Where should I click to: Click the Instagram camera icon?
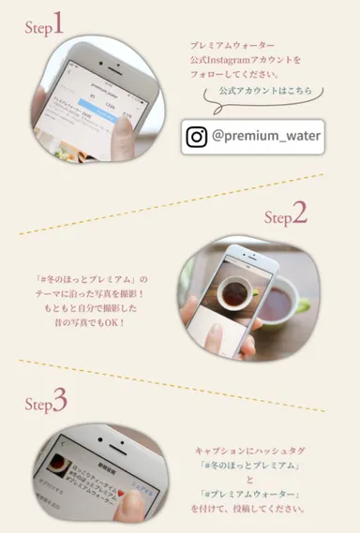click(197, 137)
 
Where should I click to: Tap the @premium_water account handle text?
click(266, 137)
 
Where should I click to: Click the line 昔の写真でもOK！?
click(92, 323)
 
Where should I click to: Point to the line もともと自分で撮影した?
click(92, 309)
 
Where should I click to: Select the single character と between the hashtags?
click(250, 480)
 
